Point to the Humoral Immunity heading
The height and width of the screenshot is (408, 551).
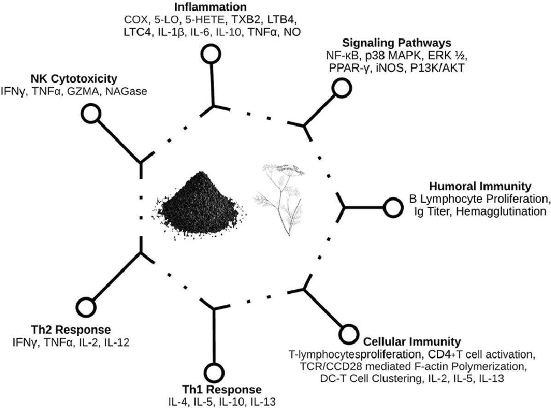point(481,187)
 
